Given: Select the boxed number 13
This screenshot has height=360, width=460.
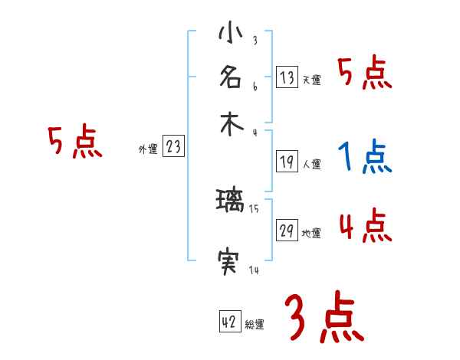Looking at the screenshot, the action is (287, 77).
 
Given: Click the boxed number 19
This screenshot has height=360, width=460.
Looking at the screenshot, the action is (287, 162).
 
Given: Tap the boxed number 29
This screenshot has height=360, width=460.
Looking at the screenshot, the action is (287, 231).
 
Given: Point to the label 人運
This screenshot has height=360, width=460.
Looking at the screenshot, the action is (311, 164).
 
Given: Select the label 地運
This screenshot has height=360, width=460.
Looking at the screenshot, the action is (311, 234).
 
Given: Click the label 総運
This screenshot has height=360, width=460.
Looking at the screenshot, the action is (255, 325).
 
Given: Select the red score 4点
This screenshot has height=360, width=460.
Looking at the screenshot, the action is (366, 227).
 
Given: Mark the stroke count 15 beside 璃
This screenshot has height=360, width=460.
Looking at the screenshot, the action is (254, 209).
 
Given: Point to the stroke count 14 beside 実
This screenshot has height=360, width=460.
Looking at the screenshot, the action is (253, 270).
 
